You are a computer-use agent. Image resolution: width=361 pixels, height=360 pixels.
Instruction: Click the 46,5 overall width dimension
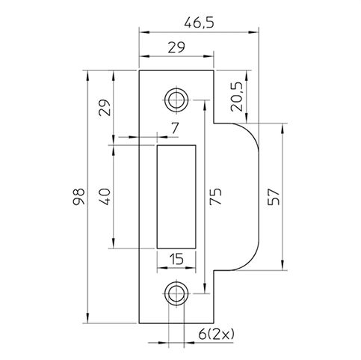199,23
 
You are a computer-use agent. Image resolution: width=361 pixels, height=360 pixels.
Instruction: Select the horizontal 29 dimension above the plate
176,47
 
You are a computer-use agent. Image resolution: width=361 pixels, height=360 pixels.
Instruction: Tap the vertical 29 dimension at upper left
105,108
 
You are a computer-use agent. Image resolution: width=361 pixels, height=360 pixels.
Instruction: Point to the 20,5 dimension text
236,97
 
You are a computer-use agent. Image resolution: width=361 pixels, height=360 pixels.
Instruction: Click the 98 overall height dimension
78,197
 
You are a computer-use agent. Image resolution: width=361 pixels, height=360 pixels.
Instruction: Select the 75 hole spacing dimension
215,197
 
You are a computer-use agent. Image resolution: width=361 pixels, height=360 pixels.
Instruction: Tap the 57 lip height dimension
274,197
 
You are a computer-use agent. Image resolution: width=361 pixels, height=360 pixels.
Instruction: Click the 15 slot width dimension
176,259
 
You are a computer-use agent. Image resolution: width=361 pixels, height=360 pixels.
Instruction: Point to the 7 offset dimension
175,129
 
